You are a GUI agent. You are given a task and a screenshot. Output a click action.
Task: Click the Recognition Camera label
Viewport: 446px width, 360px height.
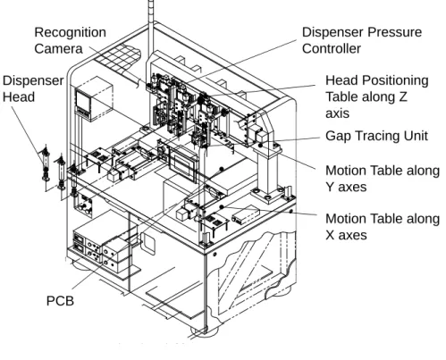(70, 40)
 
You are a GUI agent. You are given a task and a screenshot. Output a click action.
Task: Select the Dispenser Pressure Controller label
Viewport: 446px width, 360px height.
(362, 40)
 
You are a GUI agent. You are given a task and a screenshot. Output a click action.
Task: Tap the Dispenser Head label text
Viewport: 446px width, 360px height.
(33, 88)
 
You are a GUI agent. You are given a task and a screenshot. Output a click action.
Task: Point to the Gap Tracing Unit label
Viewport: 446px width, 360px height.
(376, 136)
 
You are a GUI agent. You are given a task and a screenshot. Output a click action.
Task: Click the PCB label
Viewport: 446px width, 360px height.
(60, 301)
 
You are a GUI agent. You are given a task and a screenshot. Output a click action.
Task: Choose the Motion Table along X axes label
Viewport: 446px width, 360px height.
(383, 227)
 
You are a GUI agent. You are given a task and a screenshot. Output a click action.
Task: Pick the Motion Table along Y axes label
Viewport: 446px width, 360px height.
(383, 179)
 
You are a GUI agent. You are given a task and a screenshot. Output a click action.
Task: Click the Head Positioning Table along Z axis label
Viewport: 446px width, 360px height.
(377, 96)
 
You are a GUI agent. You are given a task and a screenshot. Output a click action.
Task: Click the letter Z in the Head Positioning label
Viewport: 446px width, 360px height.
(402, 96)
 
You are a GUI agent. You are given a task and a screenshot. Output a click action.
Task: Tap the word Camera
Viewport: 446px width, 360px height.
(58, 49)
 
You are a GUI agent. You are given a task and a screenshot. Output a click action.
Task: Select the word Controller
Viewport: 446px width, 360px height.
(332, 49)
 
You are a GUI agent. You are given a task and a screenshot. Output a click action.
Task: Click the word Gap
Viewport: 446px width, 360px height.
(338, 137)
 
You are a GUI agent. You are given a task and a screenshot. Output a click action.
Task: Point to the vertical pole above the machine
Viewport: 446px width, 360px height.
(151, 36)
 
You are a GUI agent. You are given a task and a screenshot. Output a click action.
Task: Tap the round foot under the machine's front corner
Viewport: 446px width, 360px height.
(205, 331)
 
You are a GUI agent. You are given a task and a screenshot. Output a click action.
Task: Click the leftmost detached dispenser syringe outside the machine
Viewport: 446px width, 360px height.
(46, 164)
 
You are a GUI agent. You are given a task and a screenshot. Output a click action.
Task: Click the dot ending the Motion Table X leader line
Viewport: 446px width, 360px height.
(222, 207)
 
